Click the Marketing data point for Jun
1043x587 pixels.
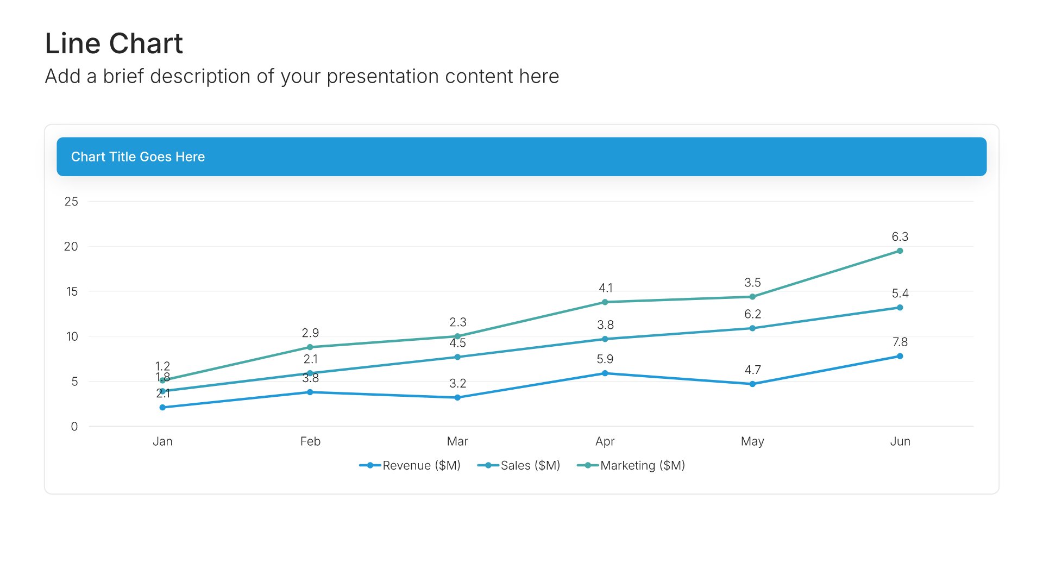coord(900,251)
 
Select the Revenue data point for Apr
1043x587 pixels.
coord(605,373)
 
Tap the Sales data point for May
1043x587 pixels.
coord(752,328)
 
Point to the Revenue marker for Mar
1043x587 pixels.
coord(457,398)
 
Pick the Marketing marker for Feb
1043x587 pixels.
coord(310,347)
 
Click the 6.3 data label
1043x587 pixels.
coord(900,237)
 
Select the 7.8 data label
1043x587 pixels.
coord(900,342)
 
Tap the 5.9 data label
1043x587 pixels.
coord(605,359)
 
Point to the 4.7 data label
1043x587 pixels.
coord(753,370)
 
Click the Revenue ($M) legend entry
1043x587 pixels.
coord(410,466)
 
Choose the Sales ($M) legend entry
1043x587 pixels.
coord(518,466)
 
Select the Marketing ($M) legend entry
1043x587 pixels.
coord(631,466)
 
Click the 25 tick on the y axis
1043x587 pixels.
coord(71,202)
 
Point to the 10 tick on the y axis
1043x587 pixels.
coord(72,336)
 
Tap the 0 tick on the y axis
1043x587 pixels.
coord(74,427)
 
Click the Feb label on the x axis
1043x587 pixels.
coord(310,441)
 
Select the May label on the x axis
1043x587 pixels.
coord(752,442)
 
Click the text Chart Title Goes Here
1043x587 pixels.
coord(138,157)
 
